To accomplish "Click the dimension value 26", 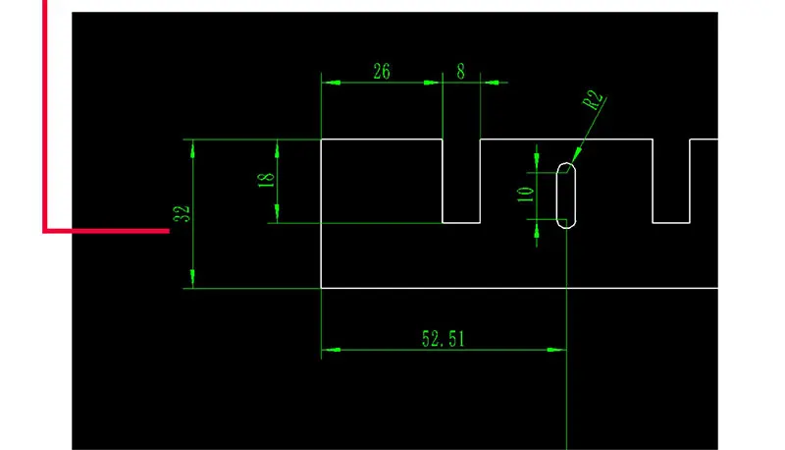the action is [x=382, y=71].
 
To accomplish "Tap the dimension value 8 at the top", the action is [x=460, y=71].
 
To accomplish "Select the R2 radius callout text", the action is [x=593, y=99].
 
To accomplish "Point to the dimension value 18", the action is [x=266, y=180].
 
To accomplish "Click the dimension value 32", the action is [x=182, y=213].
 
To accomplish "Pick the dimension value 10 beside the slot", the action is [x=525, y=195].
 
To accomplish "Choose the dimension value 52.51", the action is [x=444, y=339].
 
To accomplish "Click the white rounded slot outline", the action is [x=556, y=196].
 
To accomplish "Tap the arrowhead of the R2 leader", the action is [x=576, y=155].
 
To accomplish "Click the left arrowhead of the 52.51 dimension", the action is [x=331, y=350].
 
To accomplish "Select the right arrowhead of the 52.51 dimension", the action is [x=556, y=350].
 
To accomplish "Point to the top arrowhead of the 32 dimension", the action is [x=192, y=148].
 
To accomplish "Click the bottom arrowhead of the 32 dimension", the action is [x=192, y=279].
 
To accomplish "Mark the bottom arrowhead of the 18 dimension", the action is [x=277, y=213].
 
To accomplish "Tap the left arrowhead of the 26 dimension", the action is [x=331, y=83].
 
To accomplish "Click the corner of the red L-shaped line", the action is [x=45, y=231].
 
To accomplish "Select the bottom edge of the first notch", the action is [x=461, y=222].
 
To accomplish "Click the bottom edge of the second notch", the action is [x=671, y=222].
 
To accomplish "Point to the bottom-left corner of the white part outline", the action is [x=321, y=288].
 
